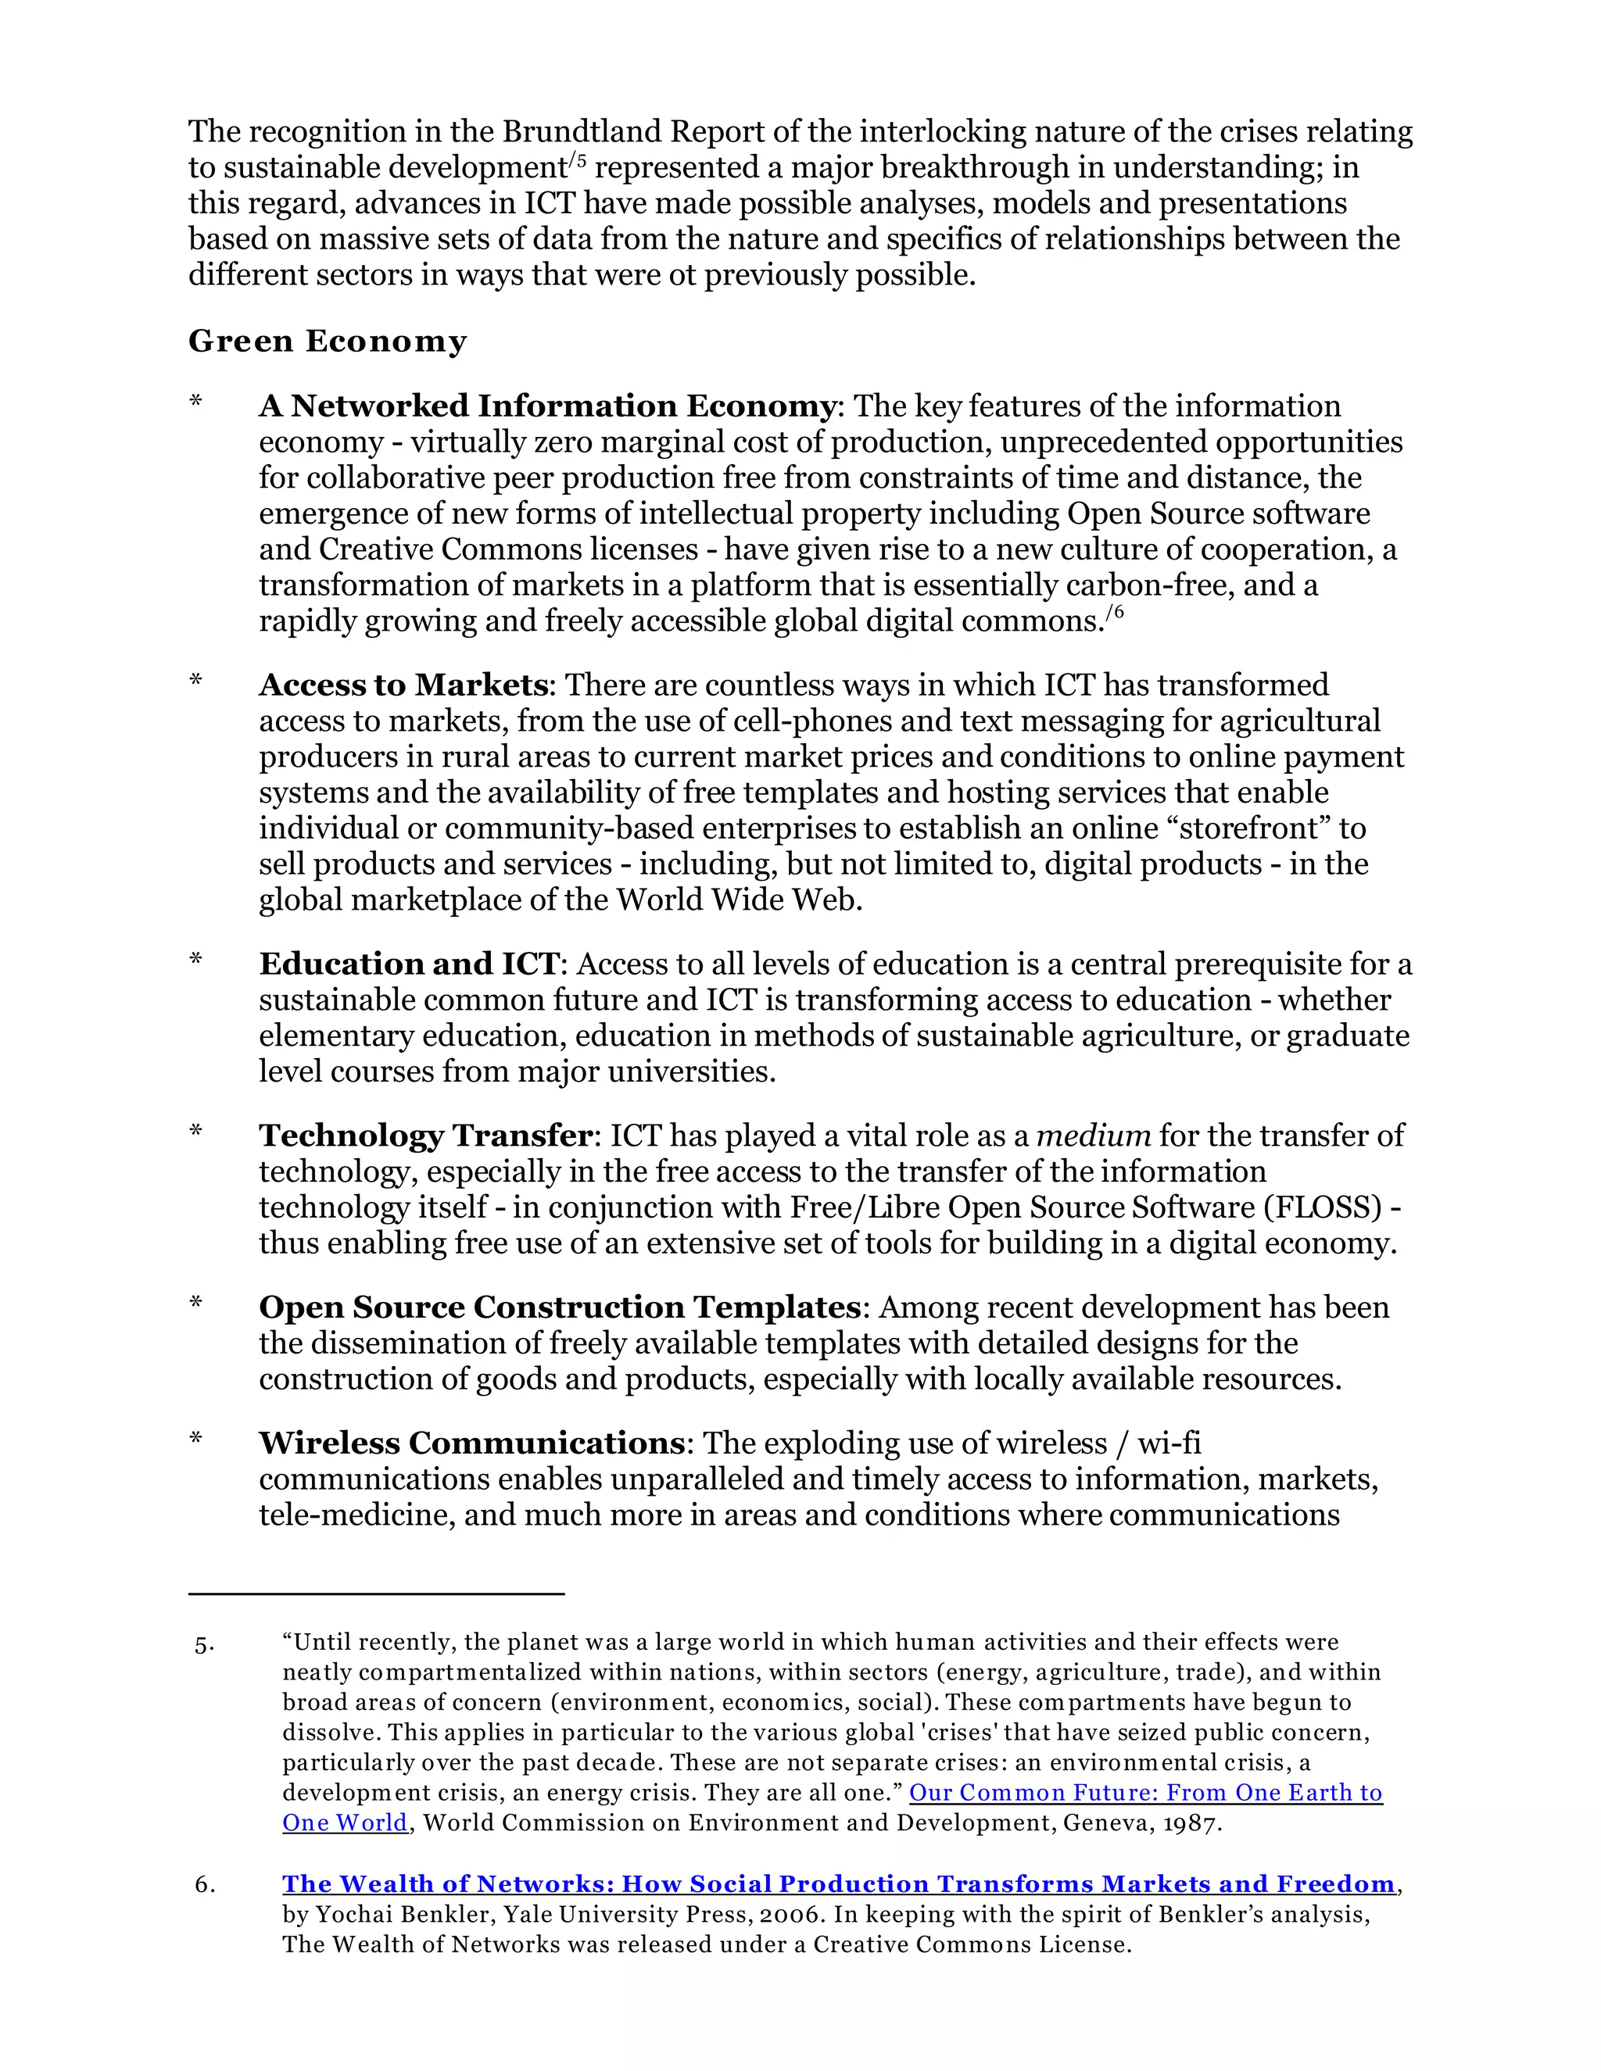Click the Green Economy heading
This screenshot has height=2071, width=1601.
[328, 342]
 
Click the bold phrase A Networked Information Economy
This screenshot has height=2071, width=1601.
[546, 406]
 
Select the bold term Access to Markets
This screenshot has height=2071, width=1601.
[403, 685]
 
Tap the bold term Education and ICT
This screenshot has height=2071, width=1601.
[409, 964]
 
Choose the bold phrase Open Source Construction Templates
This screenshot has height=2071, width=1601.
[559, 1307]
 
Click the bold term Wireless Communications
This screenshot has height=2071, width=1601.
[471, 1443]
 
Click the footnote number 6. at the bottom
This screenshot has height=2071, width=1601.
[205, 1885]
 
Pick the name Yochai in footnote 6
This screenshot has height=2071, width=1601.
[346, 1915]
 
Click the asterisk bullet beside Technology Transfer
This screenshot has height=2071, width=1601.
[196, 1132]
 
